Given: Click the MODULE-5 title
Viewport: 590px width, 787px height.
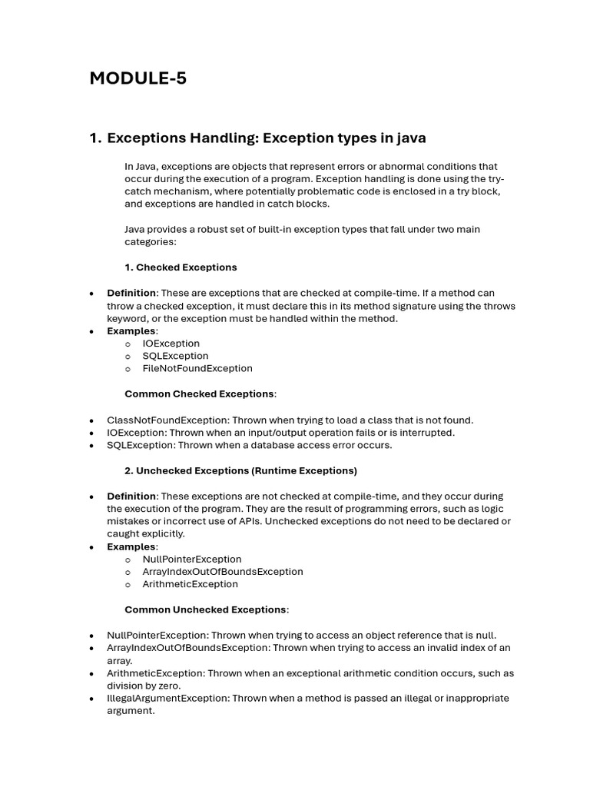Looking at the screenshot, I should pos(138,78).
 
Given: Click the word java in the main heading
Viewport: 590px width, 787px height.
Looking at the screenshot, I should pos(409,138).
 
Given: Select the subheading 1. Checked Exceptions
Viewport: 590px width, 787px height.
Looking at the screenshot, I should pos(181,267).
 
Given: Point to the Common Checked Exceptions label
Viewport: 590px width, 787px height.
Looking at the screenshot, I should pos(199,393).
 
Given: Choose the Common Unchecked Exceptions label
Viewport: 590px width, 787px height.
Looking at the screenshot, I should pos(205,609).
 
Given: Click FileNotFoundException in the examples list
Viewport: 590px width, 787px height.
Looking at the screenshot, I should pos(197,368).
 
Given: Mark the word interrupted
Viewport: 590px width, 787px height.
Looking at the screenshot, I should pos(426,433).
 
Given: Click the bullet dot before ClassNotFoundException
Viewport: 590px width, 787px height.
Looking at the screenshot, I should pos(91,420).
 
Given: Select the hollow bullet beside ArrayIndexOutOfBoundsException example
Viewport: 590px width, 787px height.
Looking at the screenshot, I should pos(128,572).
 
